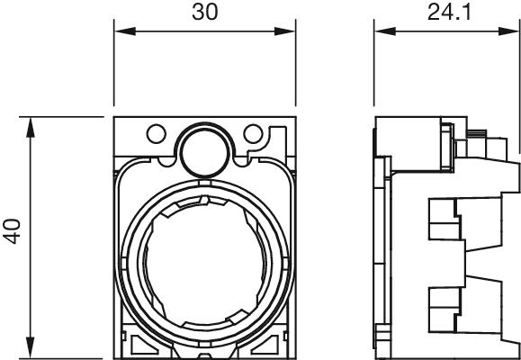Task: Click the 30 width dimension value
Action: pyautogui.click(x=205, y=13)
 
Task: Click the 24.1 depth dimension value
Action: pyautogui.click(x=449, y=13)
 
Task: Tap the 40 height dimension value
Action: pyautogui.click(x=13, y=231)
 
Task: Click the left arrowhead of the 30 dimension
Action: pyautogui.click(x=125, y=31)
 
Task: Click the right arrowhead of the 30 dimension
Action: pyautogui.click(x=284, y=31)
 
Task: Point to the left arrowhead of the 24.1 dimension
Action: pyautogui.click(x=385, y=31)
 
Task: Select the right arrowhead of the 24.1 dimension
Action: pyautogui.click(x=508, y=31)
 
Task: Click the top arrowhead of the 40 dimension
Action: pyautogui.click(x=31, y=128)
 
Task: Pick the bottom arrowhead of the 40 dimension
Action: pyautogui.click(x=31, y=348)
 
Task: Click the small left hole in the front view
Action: pyautogui.click(x=157, y=133)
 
